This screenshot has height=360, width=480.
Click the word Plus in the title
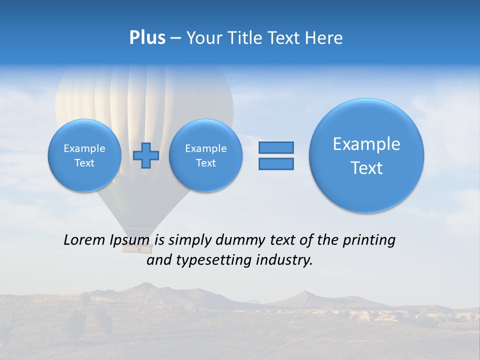tap(147, 38)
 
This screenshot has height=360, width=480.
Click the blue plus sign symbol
tap(146, 155)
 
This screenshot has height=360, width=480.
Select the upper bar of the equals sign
tap(276, 147)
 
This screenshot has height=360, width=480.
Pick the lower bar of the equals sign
tap(276, 163)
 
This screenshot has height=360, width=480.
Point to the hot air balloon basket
tap(135, 244)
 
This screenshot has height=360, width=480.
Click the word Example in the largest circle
tap(366, 144)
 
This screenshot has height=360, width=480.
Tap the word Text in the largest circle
tap(366, 168)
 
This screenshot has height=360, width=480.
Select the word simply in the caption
tap(190, 240)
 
